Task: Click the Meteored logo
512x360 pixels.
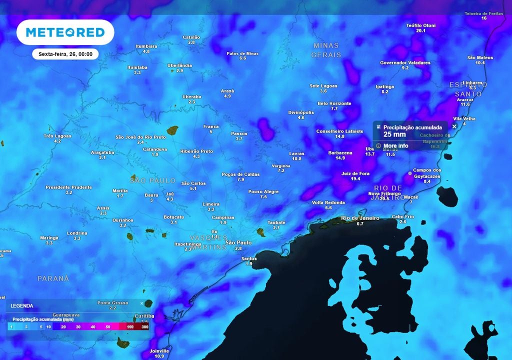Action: click(x=65, y=32)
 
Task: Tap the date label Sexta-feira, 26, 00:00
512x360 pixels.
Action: click(x=65, y=54)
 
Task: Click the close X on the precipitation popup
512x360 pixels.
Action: click(x=454, y=126)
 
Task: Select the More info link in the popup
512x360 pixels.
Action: click(x=395, y=146)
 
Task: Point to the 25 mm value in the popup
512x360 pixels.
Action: click(x=394, y=134)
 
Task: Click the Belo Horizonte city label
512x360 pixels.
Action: click(x=334, y=103)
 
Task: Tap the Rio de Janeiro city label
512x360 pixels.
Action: click(x=359, y=218)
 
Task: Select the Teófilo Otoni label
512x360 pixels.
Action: click(x=420, y=25)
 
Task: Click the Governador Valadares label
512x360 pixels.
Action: click(x=405, y=63)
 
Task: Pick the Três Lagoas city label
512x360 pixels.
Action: click(x=57, y=136)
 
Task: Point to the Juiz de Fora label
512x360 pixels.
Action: click(x=355, y=173)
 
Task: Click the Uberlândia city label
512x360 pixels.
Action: click(x=179, y=65)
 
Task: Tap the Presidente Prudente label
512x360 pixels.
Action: click(x=68, y=187)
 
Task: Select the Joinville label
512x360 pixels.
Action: click(x=159, y=351)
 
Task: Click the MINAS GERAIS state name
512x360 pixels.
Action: click(x=326, y=50)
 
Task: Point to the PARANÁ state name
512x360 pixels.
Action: click(x=53, y=278)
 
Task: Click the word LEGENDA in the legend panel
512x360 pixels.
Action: click(x=22, y=305)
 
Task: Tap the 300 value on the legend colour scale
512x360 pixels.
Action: click(x=144, y=326)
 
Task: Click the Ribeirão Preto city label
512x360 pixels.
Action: click(x=196, y=151)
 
